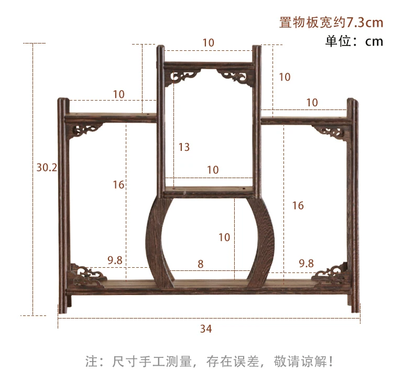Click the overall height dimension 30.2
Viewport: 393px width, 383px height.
[x=47, y=167]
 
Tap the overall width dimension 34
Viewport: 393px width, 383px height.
[x=206, y=329]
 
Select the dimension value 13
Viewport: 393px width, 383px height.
[x=184, y=147]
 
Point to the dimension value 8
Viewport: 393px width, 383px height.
[x=201, y=265]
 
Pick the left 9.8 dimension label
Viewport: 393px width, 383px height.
[x=115, y=261]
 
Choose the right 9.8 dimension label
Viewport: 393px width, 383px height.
[x=307, y=264]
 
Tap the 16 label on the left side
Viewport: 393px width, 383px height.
[x=118, y=184]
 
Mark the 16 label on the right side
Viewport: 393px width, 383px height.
[x=298, y=206]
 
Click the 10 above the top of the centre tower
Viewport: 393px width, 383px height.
[x=209, y=43]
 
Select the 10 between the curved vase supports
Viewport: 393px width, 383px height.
[x=224, y=237]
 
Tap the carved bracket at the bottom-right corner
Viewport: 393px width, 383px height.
[x=331, y=274]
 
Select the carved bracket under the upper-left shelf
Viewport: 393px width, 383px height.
[x=86, y=130]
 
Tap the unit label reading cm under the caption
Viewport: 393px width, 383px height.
[x=374, y=41]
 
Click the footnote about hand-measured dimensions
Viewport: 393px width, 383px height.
[x=209, y=361]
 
